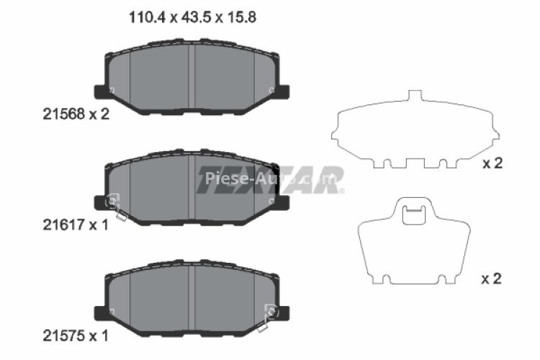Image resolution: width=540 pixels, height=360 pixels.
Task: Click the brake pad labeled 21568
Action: [191, 79]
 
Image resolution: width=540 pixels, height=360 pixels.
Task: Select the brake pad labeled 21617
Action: [191, 189]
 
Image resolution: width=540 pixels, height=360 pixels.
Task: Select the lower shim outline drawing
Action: [413, 241]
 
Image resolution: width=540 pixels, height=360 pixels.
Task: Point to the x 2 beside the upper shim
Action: [492, 164]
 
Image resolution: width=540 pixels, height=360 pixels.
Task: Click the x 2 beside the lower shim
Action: [492, 279]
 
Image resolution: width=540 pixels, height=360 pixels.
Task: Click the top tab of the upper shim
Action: [414, 97]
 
